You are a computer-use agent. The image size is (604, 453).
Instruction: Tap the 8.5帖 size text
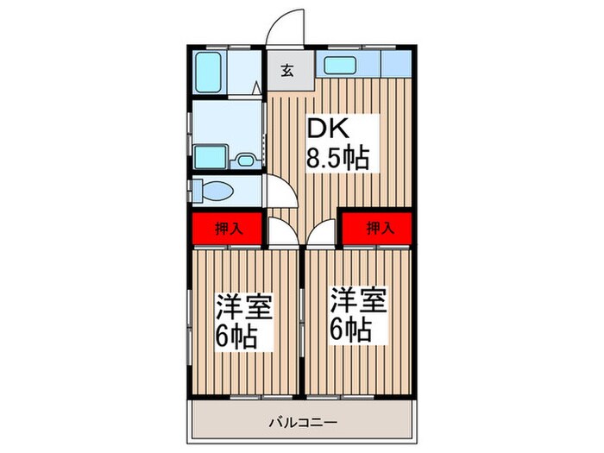[x=338, y=158]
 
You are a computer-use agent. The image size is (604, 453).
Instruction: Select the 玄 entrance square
[x=286, y=70]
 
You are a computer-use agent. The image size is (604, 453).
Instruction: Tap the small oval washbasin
[x=244, y=160]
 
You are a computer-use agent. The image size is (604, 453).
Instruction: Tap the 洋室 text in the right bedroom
[x=357, y=302]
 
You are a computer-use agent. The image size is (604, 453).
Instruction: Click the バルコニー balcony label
[x=302, y=423]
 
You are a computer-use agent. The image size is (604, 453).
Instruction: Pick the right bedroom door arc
[x=320, y=230]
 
